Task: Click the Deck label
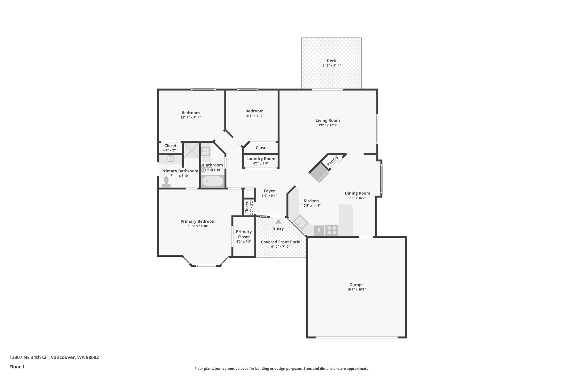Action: pyautogui.click(x=331, y=61)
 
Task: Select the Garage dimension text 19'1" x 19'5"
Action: pyautogui.click(x=356, y=290)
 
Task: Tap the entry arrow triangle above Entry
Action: pyautogui.click(x=278, y=221)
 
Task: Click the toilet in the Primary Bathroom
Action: pyautogui.click(x=166, y=182)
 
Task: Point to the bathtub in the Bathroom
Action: pyautogui.click(x=212, y=181)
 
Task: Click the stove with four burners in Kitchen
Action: pyautogui.click(x=332, y=230)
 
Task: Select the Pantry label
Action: pyautogui.click(x=333, y=161)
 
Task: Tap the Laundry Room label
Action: pyautogui.click(x=261, y=159)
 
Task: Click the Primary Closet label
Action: pyautogui.click(x=244, y=234)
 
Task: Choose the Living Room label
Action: pyautogui.click(x=327, y=120)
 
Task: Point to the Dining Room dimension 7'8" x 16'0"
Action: pyautogui.click(x=357, y=198)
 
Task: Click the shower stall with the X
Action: pyautogui.click(x=191, y=150)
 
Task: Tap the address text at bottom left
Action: pyautogui.click(x=54, y=357)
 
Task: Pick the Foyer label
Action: pyautogui.click(x=269, y=191)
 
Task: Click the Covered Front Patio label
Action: pyautogui.click(x=280, y=242)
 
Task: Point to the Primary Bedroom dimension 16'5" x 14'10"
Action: pyautogui.click(x=198, y=226)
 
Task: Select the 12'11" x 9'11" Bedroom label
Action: pyautogui.click(x=191, y=113)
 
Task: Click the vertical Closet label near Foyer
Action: pyautogui.click(x=247, y=207)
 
